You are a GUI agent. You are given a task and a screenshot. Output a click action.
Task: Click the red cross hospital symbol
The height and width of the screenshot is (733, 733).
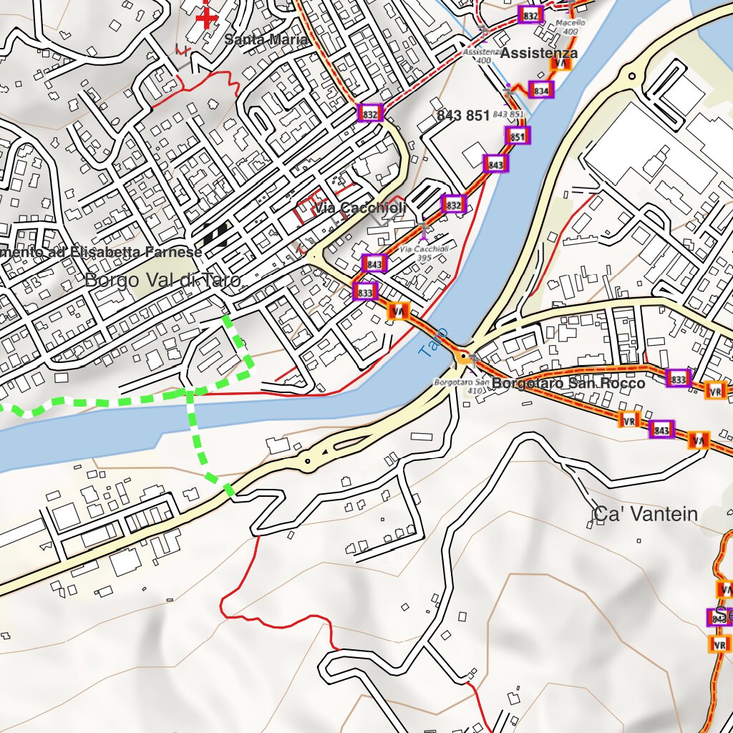click(206, 17)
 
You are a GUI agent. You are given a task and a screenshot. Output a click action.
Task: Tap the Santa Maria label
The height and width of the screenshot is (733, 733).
click(266, 40)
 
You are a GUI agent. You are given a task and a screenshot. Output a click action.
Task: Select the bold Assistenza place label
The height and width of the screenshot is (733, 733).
click(538, 53)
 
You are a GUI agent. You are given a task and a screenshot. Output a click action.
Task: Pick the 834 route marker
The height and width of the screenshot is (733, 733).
click(542, 90)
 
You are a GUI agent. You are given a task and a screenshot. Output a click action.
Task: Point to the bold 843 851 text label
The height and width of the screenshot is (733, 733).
click(462, 116)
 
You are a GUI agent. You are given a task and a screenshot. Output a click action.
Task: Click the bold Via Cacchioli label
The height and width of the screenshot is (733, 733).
click(360, 208)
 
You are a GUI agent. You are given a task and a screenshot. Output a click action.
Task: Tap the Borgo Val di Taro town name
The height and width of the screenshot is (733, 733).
click(162, 280)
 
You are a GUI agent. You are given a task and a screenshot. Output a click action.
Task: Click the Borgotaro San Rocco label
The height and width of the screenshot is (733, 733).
click(568, 384)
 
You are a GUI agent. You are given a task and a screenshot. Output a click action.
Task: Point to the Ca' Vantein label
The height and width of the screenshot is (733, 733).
click(644, 514)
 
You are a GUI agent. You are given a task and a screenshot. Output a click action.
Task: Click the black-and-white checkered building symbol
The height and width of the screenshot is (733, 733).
click(215, 233)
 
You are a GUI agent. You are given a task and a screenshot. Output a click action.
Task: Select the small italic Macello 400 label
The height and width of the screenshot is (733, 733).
click(571, 26)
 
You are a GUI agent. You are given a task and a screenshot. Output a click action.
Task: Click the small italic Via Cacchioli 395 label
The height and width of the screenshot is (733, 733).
click(424, 253)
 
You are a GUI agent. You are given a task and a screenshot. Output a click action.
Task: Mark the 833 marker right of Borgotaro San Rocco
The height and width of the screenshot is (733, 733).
click(679, 378)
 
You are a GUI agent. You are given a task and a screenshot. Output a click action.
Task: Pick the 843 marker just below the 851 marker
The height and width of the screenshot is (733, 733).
click(495, 164)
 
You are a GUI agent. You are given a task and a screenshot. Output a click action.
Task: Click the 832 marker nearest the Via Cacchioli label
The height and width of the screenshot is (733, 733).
click(453, 205)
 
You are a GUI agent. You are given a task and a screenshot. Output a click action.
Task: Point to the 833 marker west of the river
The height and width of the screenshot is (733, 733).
click(364, 292)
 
